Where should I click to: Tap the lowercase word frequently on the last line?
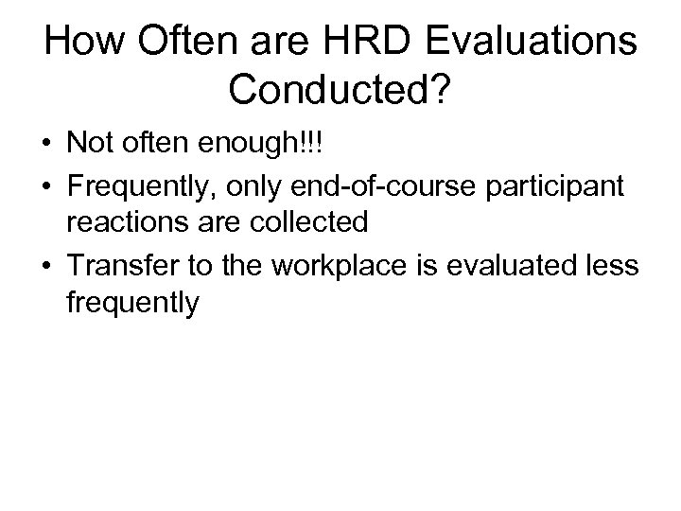[132, 304]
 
